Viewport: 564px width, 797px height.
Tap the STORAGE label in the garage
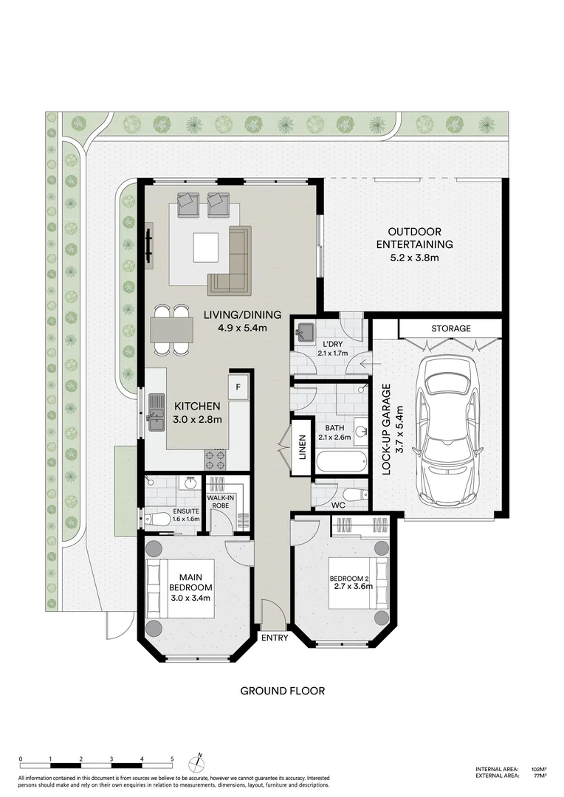point(450,328)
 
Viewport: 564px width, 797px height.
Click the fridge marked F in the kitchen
point(239,386)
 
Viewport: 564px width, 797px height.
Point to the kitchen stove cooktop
point(214,460)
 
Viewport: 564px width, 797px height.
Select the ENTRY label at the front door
point(273,638)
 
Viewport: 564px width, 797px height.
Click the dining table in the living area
point(172,329)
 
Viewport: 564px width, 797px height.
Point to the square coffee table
point(206,247)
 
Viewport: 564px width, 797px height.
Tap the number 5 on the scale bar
point(172,758)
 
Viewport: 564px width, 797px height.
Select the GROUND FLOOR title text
point(282,691)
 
